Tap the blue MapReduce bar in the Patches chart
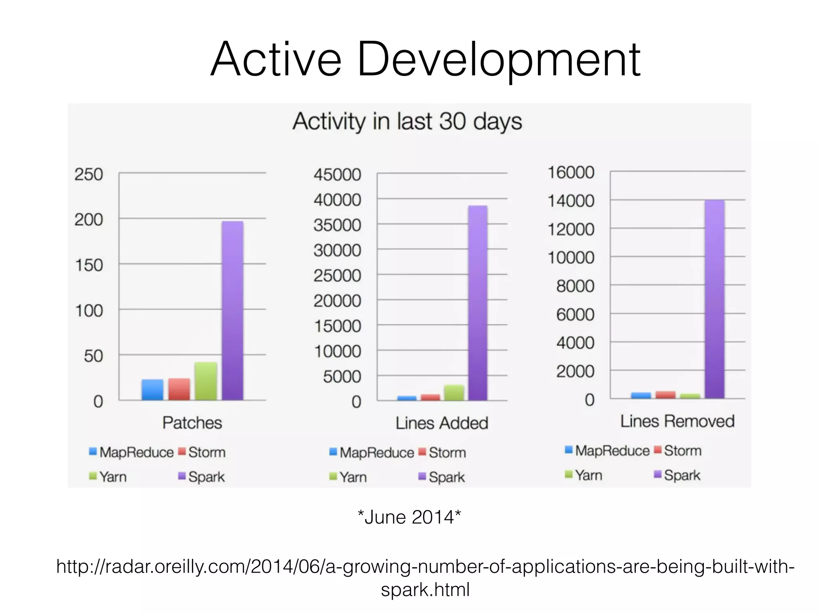tap(152, 390)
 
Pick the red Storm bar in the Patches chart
tap(179, 389)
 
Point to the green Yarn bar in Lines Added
tap(454, 393)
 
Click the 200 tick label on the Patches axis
tap(88, 219)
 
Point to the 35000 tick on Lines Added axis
tap(337, 225)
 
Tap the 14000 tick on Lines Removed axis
tap(571, 201)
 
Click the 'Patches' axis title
tap(192, 423)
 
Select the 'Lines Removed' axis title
tap(677, 421)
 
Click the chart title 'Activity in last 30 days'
tap(407, 121)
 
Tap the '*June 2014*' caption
tap(409, 517)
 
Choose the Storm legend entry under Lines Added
tap(447, 453)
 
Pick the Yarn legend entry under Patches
tap(112, 476)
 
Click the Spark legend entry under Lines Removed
tap(682, 475)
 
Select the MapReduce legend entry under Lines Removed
tap(612, 451)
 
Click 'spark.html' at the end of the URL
tap(425, 589)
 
